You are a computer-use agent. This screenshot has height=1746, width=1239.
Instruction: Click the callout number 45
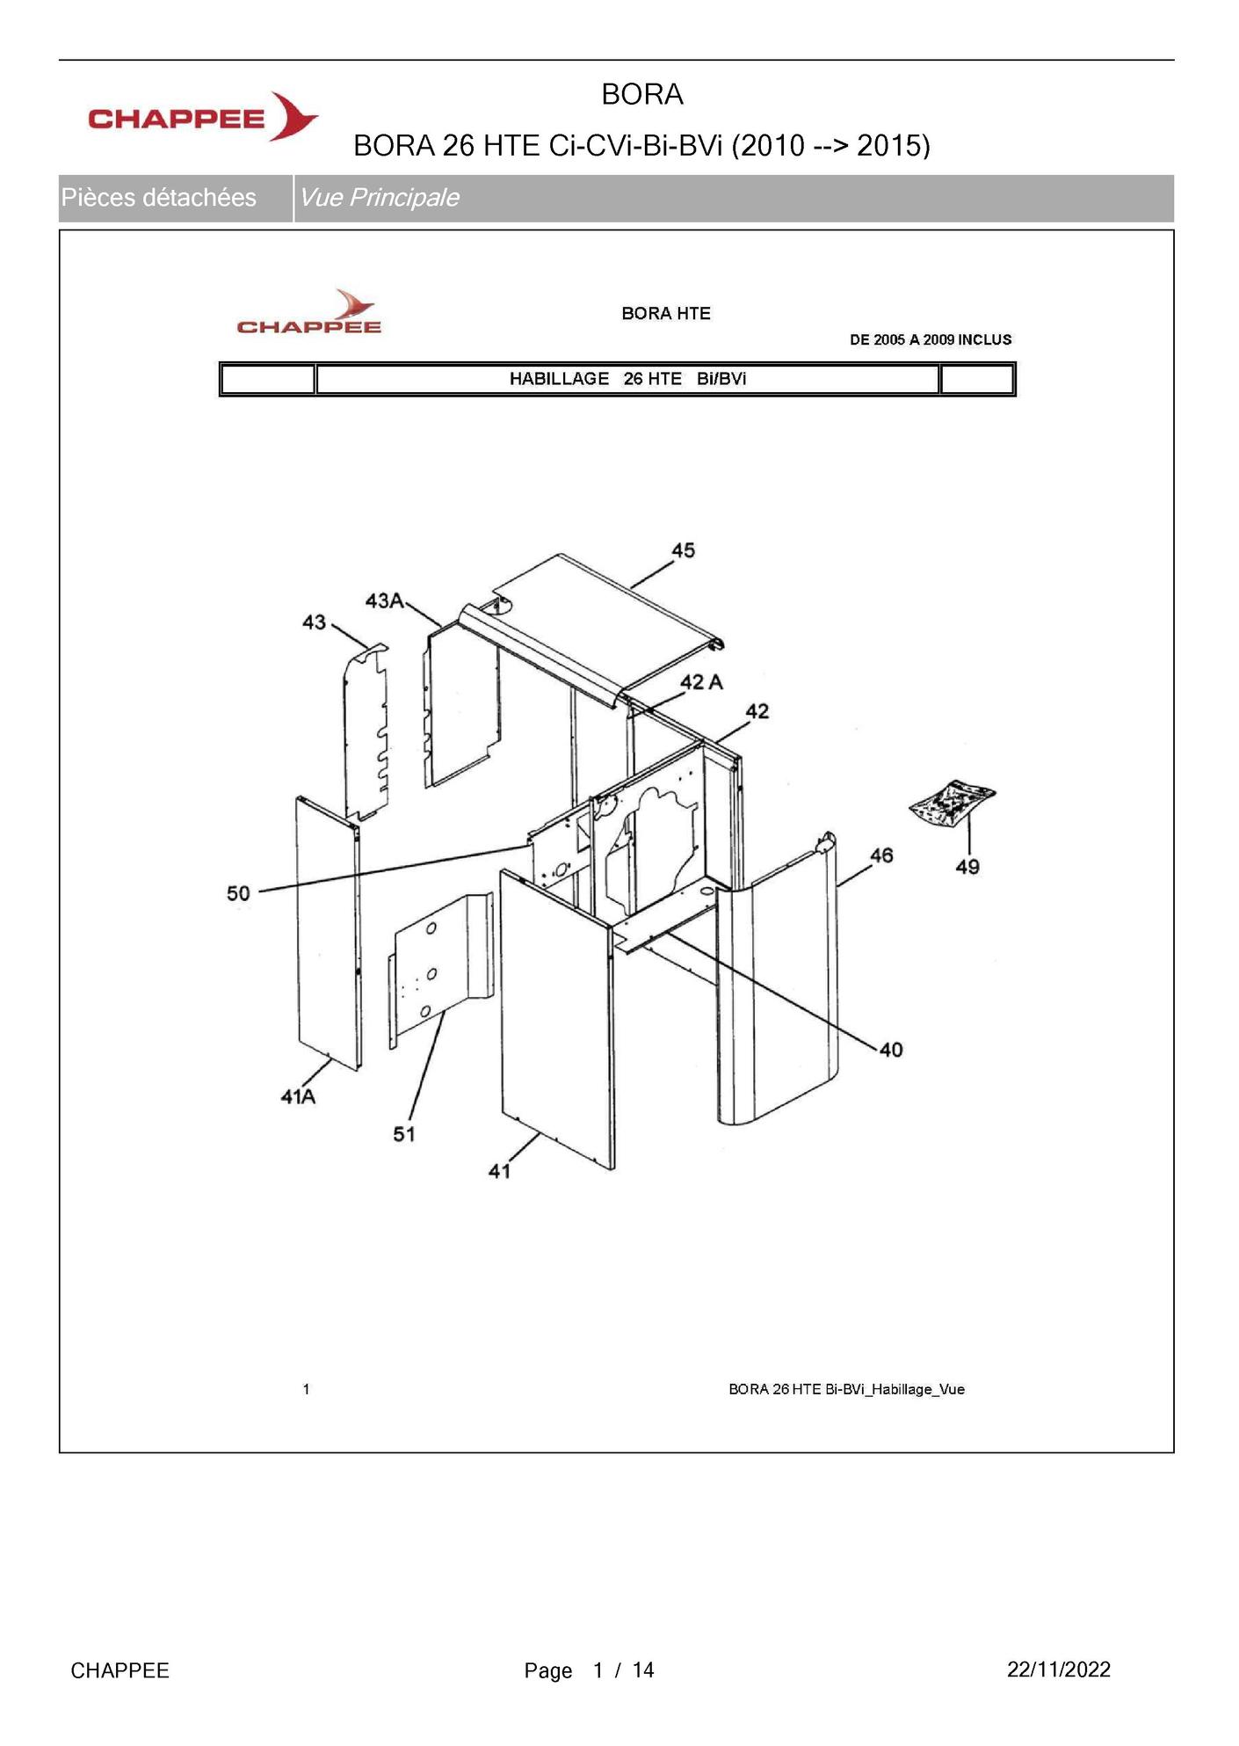click(x=683, y=550)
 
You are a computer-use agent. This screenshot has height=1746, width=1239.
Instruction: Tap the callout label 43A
click(x=384, y=600)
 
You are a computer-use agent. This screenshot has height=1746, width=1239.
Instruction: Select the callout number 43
click(x=314, y=622)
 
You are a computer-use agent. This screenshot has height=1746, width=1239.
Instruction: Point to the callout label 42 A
click(x=701, y=682)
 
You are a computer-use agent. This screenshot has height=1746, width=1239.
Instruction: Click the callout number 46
click(x=881, y=855)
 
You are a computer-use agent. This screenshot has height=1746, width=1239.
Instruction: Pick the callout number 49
click(x=967, y=867)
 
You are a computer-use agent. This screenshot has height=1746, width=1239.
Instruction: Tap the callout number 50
click(x=238, y=893)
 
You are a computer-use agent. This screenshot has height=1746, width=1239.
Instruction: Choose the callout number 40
click(x=891, y=1050)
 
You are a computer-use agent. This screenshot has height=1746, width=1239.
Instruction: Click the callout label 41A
click(x=298, y=1096)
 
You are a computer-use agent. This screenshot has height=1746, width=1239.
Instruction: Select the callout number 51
click(x=404, y=1134)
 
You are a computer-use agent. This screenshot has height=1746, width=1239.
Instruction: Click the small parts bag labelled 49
click(x=952, y=803)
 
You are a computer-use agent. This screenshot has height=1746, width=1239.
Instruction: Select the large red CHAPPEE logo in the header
click(x=203, y=117)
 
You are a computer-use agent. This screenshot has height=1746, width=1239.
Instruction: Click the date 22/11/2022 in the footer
click(x=1059, y=1670)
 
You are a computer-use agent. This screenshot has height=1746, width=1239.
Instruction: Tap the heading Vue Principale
click(x=379, y=197)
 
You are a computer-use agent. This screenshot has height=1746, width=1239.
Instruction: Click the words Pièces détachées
click(x=159, y=197)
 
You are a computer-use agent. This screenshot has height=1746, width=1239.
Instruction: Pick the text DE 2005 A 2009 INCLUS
click(x=931, y=339)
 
